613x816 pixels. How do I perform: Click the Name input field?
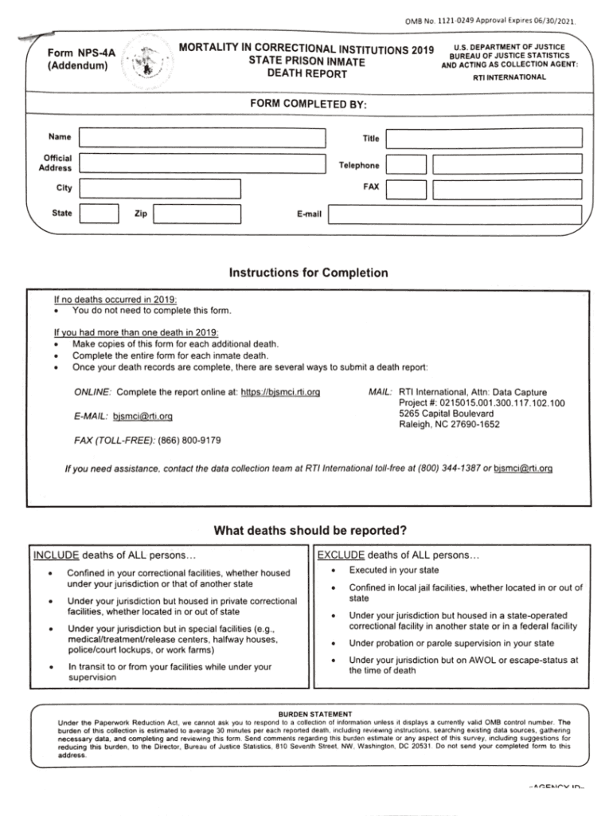point(204,137)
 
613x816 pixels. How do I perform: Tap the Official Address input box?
point(204,164)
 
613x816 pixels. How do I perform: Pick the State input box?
point(100,214)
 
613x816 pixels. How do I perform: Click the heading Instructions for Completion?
point(308,273)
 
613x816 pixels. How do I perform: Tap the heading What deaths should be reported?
point(310,531)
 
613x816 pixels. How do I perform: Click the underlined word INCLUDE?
point(56,555)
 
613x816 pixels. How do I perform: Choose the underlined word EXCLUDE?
point(341,555)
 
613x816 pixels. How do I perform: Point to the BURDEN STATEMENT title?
point(314,713)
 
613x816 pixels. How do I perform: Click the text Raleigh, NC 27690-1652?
point(449,425)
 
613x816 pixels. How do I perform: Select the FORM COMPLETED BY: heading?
point(309,104)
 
